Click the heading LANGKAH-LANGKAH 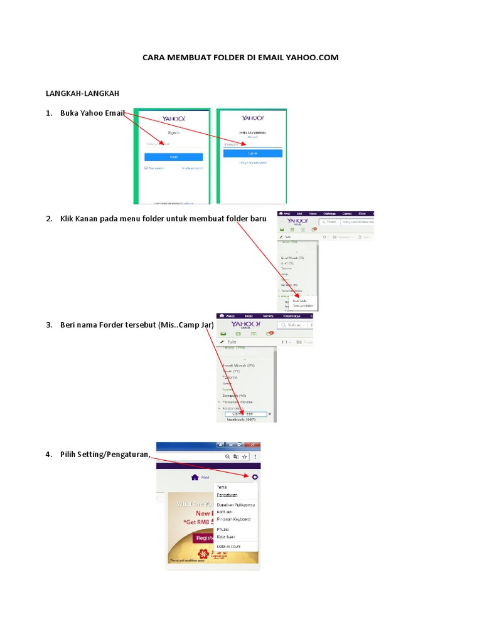click(82, 93)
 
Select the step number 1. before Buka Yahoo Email click(48, 113)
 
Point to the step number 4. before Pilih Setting click(48, 455)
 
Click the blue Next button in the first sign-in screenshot click(174, 157)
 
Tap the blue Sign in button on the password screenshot click(253, 153)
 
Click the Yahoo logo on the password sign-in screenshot click(253, 118)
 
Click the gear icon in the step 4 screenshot click(255, 477)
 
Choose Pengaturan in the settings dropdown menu click(227, 495)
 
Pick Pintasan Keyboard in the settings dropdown click(233, 519)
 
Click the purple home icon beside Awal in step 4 click(195, 477)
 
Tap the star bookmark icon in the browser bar click(244, 457)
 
